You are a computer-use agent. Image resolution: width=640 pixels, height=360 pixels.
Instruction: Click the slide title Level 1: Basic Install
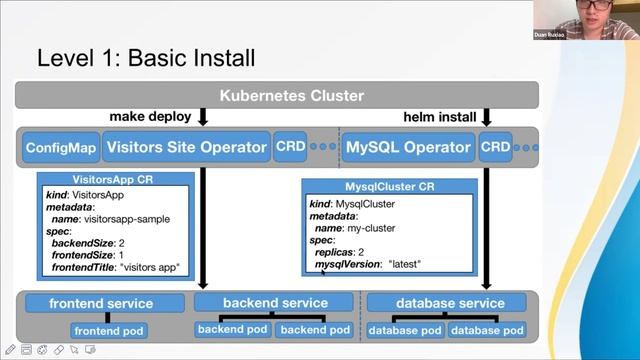point(146,57)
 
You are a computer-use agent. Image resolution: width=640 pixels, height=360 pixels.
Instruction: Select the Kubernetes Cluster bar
point(276,96)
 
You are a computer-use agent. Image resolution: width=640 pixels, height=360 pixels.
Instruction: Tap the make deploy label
point(150,117)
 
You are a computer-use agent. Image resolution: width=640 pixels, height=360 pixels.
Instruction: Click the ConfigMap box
point(61,148)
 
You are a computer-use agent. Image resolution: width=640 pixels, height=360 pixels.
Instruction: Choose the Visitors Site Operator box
point(186,148)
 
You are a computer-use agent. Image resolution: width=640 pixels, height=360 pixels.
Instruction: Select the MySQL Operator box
point(407,148)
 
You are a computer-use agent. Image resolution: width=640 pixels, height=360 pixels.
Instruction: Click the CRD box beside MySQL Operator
point(495,147)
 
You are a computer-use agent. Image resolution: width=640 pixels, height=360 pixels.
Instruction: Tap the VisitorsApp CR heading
point(115,180)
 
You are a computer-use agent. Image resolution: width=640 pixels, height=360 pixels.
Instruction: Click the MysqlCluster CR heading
point(389,187)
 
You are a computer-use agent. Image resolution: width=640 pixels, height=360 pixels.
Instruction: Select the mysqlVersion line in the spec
point(368,264)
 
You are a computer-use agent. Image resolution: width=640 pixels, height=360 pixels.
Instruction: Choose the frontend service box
point(101,303)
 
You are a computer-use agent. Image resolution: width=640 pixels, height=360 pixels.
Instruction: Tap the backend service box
point(275,303)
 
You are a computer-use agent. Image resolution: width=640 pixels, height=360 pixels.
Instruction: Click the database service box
point(450,303)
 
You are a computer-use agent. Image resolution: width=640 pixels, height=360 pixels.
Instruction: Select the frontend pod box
point(108,330)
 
